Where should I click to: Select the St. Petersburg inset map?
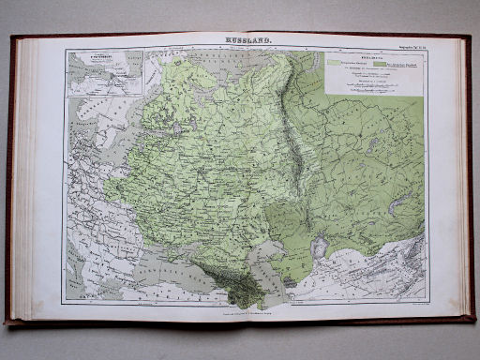point(104,73)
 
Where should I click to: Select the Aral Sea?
point(319,247)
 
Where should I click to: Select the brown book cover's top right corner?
point(469,37)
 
